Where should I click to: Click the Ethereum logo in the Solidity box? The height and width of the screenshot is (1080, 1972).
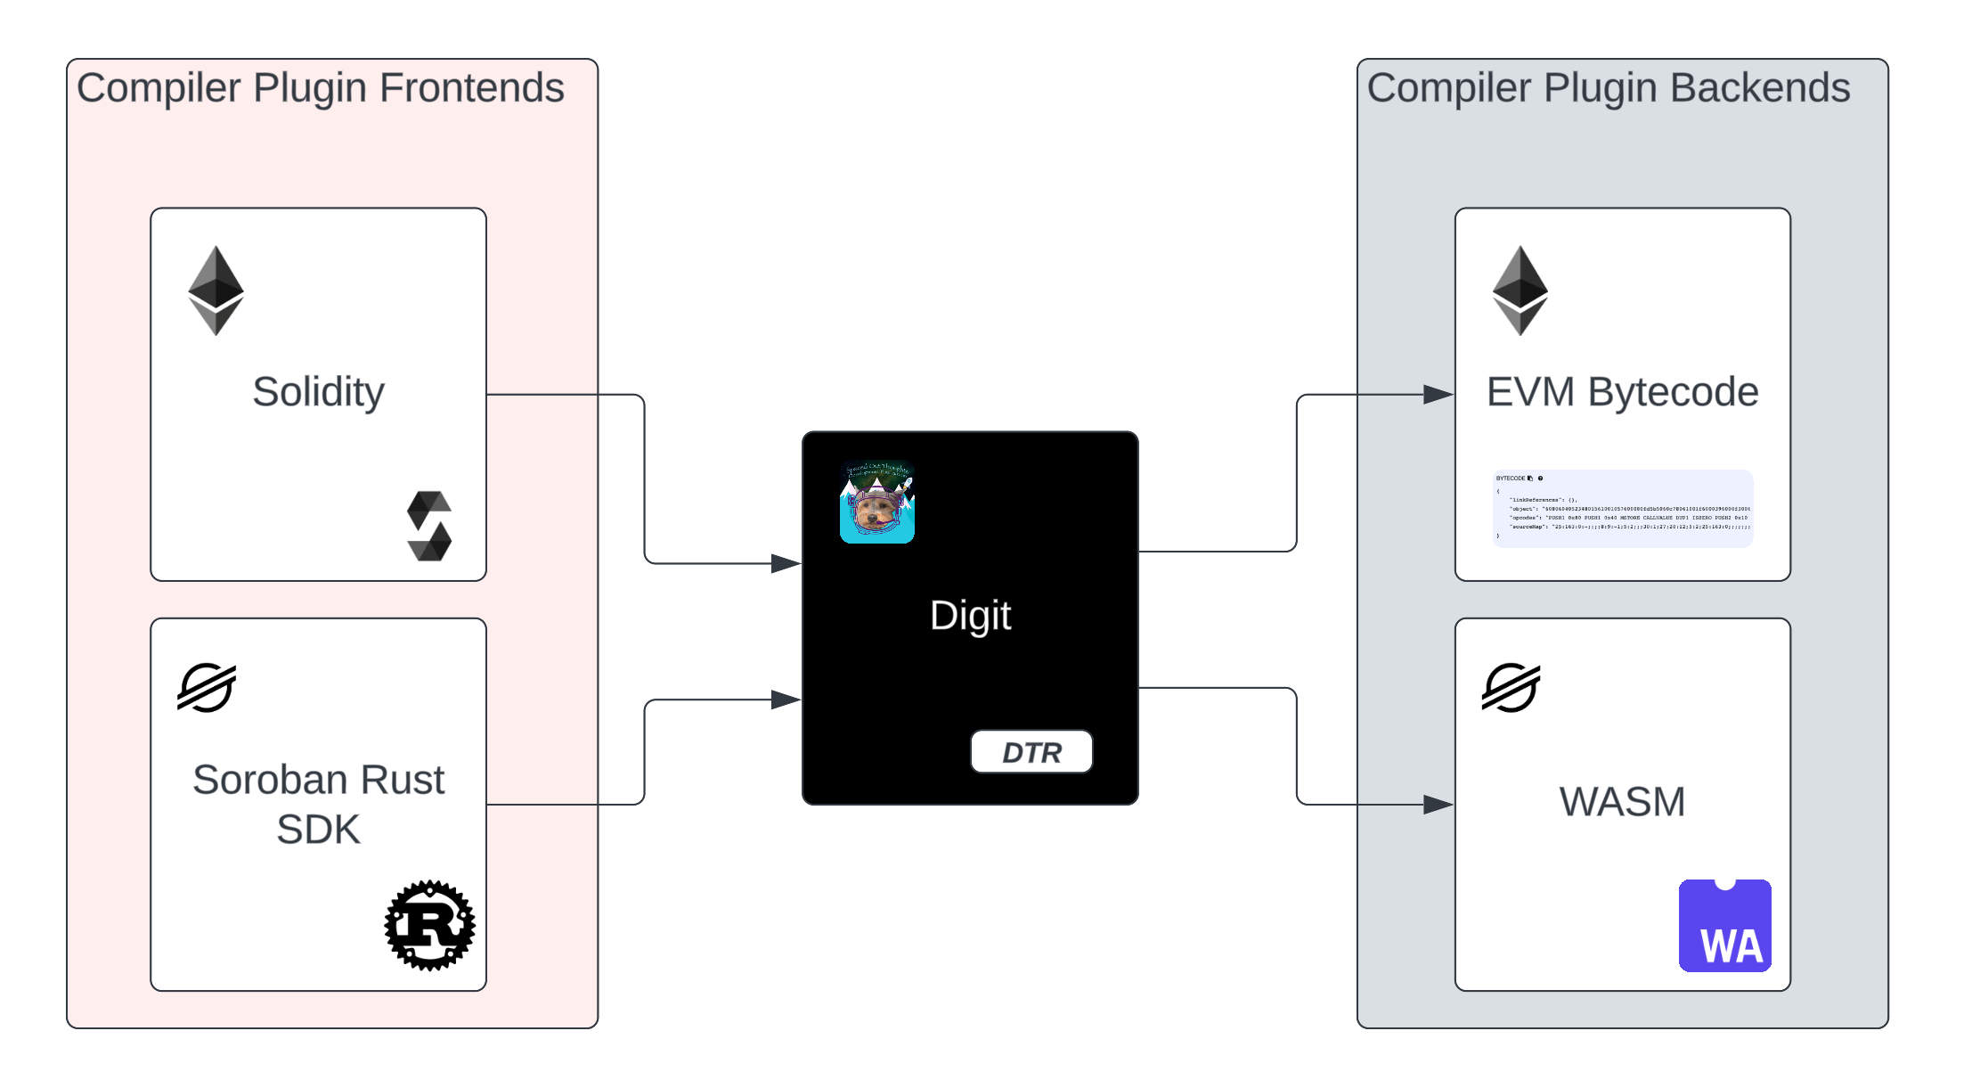[x=216, y=290]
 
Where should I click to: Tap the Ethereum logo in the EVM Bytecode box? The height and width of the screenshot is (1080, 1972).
[x=1520, y=290]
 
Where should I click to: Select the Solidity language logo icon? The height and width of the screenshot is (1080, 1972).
[x=429, y=526]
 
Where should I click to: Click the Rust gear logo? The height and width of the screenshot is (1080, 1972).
[x=429, y=926]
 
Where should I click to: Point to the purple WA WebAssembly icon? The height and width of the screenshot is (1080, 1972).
[x=1724, y=926]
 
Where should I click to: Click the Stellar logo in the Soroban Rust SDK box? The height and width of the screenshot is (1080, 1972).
[x=207, y=688]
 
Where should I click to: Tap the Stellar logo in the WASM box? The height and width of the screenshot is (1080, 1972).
[x=1511, y=688]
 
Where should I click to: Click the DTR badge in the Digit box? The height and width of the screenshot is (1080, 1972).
[x=1031, y=752]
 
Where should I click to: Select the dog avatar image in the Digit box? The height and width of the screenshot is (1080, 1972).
[x=876, y=503]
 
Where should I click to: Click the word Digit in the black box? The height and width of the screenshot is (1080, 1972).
[x=970, y=615]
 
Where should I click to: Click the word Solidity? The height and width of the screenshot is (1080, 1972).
[x=318, y=392]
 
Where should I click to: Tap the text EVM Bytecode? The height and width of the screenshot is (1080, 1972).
[x=1622, y=392]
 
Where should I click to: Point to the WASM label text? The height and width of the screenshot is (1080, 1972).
[x=1622, y=801]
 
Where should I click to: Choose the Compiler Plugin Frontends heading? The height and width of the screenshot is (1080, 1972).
[x=320, y=88]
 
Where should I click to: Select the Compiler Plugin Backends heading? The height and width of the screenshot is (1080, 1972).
[x=1608, y=88]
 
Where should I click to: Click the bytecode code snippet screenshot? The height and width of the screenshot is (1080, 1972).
[x=1622, y=508]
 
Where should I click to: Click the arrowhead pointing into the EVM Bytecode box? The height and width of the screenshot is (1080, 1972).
[x=1438, y=394]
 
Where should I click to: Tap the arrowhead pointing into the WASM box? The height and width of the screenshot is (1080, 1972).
[x=1438, y=805]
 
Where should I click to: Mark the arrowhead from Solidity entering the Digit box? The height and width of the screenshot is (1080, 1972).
[x=785, y=563]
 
